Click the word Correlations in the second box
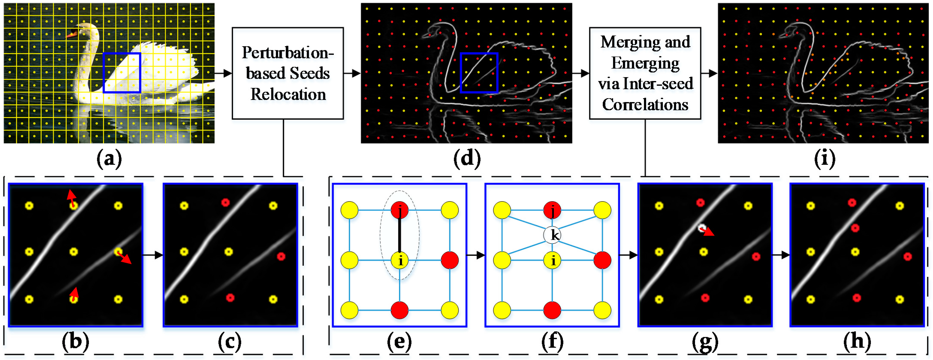coord(645,105)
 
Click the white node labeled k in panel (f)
coord(552,235)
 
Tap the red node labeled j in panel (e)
coord(399,210)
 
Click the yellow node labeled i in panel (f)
coord(552,260)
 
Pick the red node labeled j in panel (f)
coord(552,210)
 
